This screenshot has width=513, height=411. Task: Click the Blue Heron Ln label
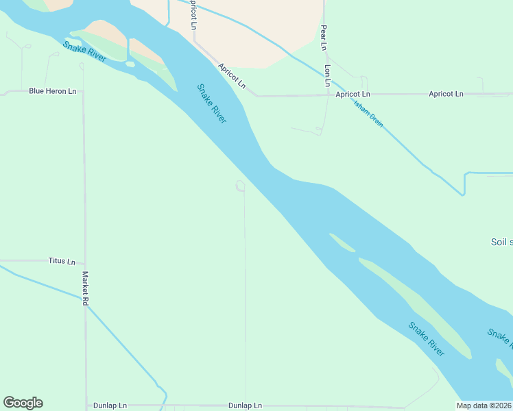pyautogui.click(x=52, y=91)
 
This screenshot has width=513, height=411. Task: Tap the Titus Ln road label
pyautogui.click(x=62, y=261)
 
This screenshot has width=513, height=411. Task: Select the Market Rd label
pyautogui.click(x=86, y=288)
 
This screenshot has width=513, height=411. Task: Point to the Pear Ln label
pyautogui.click(x=324, y=38)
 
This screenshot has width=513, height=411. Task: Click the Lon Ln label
pyautogui.click(x=328, y=75)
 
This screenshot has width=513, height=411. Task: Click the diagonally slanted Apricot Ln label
pyautogui.click(x=232, y=76)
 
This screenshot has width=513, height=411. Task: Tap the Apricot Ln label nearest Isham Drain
pyautogui.click(x=353, y=94)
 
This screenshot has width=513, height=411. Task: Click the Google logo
pyautogui.click(x=23, y=403)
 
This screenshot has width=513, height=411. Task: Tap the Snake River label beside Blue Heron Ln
pyautogui.click(x=84, y=52)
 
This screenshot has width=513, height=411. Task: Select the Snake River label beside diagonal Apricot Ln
pyautogui.click(x=211, y=103)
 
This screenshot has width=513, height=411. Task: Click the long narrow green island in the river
pyautogui.click(x=418, y=308)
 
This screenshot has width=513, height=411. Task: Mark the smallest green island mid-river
pyautogui.click(x=342, y=242)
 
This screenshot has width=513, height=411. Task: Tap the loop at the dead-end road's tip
pyautogui.click(x=241, y=186)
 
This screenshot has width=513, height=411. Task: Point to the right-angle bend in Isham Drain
pyautogui.click(x=465, y=175)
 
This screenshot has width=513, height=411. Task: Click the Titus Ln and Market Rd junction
pyautogui.click(x=84, y=263)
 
